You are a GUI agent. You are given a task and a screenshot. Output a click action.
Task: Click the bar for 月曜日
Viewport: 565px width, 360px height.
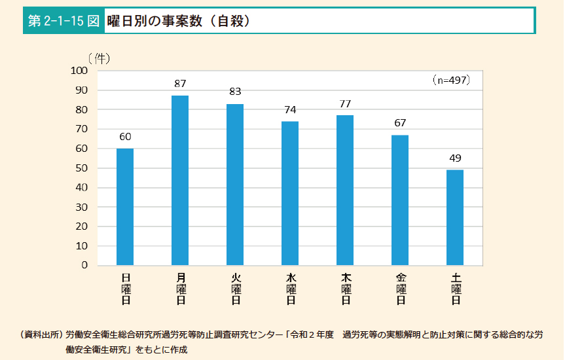tap(180, 181)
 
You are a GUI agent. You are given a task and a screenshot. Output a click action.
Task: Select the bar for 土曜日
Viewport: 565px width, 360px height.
tap(455, 217)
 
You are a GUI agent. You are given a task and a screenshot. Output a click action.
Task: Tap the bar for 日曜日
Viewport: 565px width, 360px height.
tap(125, 207)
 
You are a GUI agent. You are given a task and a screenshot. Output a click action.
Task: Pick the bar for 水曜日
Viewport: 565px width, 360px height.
tap(290, 193)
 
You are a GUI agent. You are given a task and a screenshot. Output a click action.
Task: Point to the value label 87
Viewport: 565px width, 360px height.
tap(180, 84)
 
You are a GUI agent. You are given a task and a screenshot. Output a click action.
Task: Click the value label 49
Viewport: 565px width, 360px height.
tap(455, 158)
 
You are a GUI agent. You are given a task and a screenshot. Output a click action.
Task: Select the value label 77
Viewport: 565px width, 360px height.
tap(345, 103)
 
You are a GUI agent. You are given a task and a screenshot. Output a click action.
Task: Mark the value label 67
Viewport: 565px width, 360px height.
tap(400, 123)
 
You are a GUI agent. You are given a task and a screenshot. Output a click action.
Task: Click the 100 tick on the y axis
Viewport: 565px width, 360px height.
tap(79, 71)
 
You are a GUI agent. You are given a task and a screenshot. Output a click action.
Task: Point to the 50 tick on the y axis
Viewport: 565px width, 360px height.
tap(82, 168)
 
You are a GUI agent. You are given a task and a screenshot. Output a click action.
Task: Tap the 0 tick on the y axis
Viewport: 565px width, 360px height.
tap(84, 266)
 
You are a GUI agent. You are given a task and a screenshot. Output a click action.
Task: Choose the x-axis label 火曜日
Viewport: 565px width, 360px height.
tap(235, 289)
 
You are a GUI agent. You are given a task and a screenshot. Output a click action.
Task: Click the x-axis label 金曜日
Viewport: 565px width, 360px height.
tap(400, 289)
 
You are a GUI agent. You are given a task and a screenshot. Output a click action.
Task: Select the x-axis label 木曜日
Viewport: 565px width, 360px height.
tap(345, 289)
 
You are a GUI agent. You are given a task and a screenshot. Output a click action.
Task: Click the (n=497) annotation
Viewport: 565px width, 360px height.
tap(451, 80)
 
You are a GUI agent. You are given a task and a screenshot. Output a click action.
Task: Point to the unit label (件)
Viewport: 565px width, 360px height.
tap(99, 58)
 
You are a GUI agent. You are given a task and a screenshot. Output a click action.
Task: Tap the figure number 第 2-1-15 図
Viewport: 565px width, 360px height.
tap(64, 21)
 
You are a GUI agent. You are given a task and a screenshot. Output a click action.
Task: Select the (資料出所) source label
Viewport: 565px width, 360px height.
tap(41, 334)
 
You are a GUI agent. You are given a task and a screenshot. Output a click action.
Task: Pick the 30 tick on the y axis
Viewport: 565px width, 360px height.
tap(82, 207)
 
